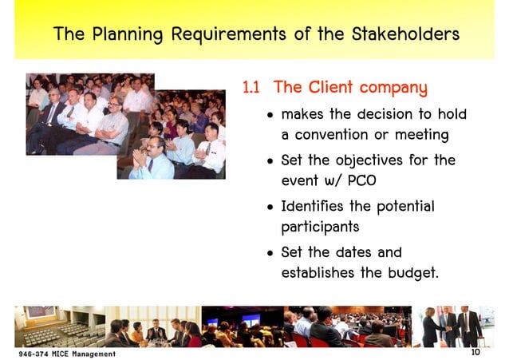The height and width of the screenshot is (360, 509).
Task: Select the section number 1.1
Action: tap(252, 87)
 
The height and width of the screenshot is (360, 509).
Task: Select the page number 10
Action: tap(475, 352)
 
